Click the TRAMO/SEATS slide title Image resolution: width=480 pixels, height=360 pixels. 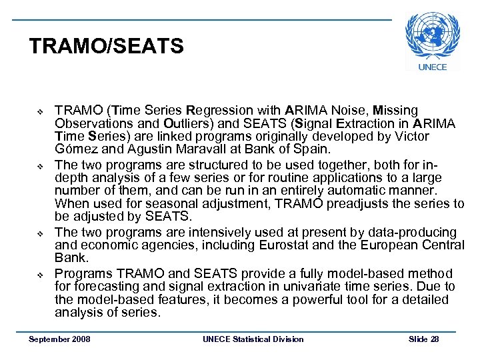click(106, 47)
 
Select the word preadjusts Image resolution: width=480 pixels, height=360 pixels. click(367, 204)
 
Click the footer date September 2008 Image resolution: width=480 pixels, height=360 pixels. click(60, 339)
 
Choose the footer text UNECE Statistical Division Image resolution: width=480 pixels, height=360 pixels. click(253, 339)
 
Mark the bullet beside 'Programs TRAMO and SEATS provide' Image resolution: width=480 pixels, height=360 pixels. click(40, 275)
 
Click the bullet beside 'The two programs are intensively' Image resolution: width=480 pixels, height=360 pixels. click(40, 234)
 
